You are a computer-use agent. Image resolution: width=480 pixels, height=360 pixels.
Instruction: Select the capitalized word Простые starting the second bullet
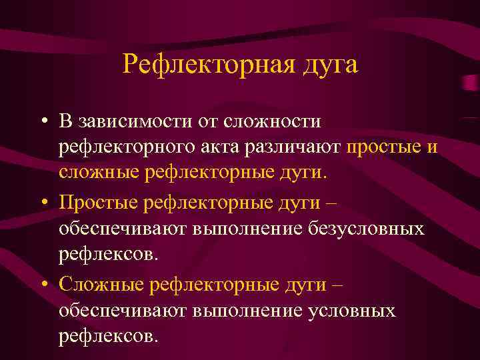click(x=100, y=201)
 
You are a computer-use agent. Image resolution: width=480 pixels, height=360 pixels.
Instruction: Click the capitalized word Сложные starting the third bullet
click(x=102, y=283)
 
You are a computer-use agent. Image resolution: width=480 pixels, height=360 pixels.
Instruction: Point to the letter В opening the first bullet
click(x=65, y=121)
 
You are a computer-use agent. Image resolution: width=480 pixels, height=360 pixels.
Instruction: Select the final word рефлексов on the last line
click(x=108, y=335)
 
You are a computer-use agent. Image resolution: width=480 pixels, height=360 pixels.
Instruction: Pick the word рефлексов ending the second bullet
click(x=108, y=254)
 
